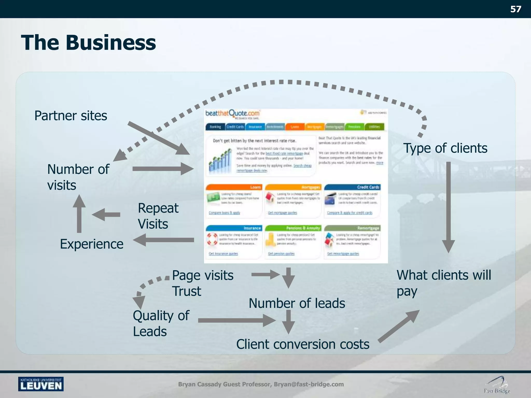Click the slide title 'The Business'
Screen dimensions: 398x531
click(x=88, y=42)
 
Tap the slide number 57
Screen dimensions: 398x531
click(x=515, y=9)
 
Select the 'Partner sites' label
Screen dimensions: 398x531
click(x=71, y=116)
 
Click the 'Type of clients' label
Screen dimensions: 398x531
click(x=445, y=148)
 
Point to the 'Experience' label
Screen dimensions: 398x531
click(x=92, y=244)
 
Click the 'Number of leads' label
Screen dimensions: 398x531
click(x=297, y=303)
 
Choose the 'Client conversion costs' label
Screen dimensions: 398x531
click(x=303, y=344)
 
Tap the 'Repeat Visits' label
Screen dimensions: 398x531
click(x=158, y=216)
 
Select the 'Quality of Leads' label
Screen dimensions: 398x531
click(x=161, y=323)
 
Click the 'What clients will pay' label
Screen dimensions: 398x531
click(x=444, y=283)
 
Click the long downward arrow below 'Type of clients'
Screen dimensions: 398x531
click(x=448, y=207)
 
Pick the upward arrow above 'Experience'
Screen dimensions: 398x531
click(x=79, y=214)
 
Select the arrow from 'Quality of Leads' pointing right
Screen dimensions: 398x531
click(x=236, y=321)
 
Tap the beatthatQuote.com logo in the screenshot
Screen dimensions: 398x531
click(x=232, y=114)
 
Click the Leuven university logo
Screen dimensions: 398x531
click(x=41, y=384)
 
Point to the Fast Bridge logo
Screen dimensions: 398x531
click(x=497, y=385)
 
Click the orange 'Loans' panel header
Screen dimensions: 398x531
click(x=234, y=187)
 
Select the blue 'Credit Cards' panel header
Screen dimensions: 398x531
click(x=352, y=187)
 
